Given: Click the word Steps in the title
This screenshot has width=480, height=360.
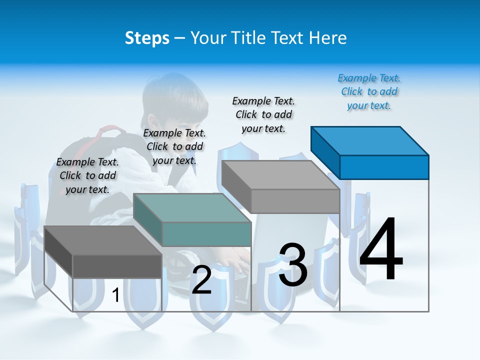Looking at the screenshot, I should tap(147, 38).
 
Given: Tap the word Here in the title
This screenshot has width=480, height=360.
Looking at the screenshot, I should tap(328, 38).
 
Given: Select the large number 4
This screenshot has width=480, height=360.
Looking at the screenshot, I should tap(381, 250).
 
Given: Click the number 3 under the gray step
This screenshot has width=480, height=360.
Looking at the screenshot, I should tap(293, 265).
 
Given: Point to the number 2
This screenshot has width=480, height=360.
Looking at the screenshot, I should tap(201, 280).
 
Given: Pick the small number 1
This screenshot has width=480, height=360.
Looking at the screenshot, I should tap(115, 295).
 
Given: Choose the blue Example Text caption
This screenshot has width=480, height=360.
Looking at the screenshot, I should tap(369, 91).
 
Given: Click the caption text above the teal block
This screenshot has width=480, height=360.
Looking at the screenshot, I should tap(174, 146).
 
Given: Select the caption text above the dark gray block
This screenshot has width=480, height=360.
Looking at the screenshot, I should tap(87, 175).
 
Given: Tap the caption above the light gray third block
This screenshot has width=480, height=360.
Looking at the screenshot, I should tap(263, 114).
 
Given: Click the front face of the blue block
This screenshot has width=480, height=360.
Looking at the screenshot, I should tap(384, 167).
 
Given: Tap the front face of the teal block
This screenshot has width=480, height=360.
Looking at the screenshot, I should tap(206, 234).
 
